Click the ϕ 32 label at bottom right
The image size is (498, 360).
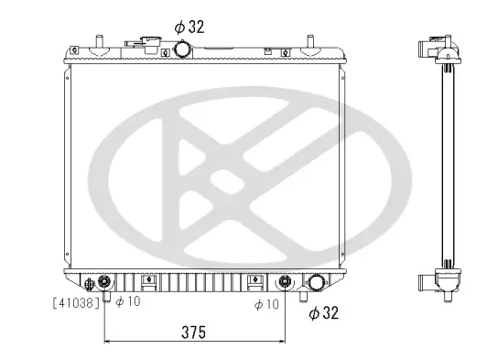pos(324,314)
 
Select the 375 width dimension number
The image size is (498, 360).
pos(191,331)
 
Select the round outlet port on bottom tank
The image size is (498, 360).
pos(318,283)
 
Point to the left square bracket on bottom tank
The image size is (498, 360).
pos(152,280)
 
